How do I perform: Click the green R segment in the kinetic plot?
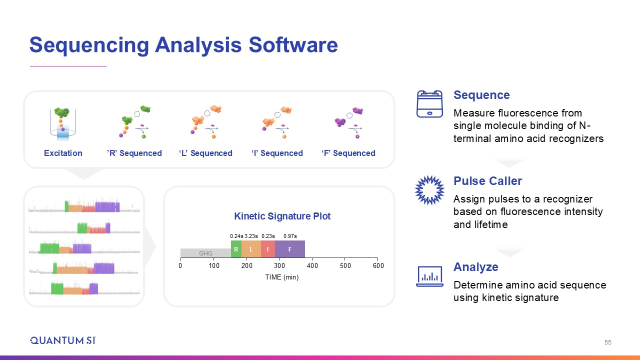236,249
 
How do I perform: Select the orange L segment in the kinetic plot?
251,249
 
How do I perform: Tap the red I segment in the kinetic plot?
268,249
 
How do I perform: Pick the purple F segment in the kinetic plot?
290,249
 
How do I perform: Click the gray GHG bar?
205,253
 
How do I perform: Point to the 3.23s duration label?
251,236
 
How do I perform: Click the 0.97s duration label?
290,236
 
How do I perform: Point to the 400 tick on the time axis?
312,265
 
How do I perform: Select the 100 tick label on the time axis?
214,265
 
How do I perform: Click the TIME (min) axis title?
281,277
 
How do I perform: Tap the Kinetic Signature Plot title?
282,216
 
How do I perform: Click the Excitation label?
63,153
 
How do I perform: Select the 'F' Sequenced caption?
348,153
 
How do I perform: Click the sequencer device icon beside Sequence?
429,104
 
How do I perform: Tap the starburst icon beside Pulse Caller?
429,190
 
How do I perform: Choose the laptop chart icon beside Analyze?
429,276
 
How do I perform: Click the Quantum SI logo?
63,340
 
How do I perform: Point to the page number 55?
607,342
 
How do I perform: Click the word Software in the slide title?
293,45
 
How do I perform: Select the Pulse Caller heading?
487,181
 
